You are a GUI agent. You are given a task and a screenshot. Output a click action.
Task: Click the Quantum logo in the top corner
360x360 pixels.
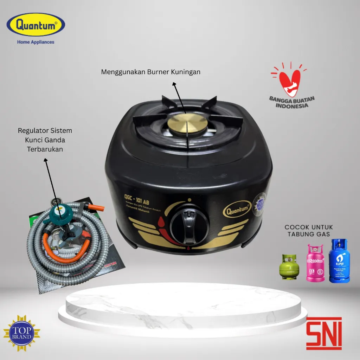36,26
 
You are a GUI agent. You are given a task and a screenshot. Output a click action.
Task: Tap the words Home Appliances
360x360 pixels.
36,42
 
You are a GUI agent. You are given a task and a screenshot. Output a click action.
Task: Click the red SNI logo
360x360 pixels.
324,333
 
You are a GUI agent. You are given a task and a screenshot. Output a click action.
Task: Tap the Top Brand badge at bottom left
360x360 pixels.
21,333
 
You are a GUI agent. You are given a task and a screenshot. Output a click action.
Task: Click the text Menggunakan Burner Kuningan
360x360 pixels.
150,72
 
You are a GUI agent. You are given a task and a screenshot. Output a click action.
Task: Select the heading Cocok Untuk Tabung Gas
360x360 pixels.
309,231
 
